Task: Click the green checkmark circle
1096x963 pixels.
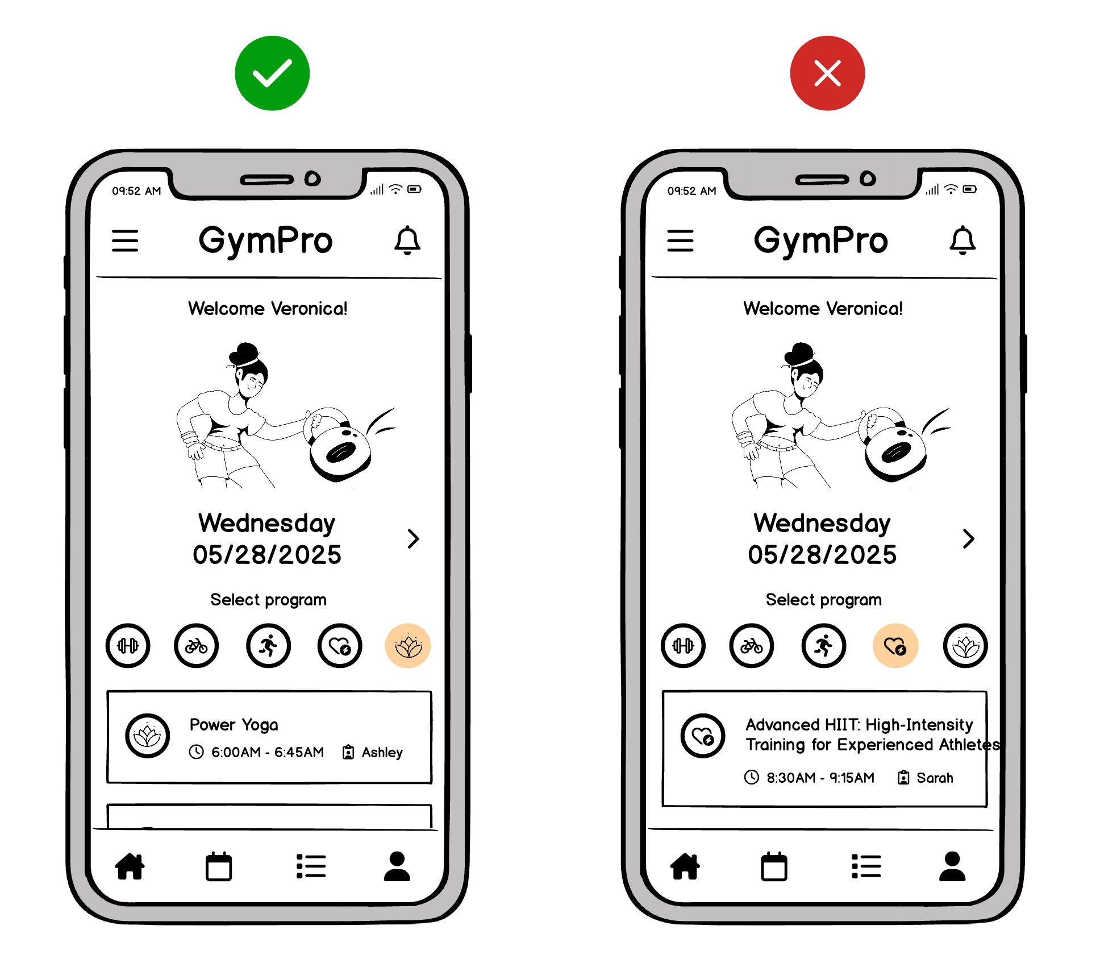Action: (x=272, y=73)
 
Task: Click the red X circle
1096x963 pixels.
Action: (x=827, y=73)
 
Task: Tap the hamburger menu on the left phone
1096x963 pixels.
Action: (x=125, y=240)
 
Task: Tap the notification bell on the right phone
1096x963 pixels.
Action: (x=962, y=240)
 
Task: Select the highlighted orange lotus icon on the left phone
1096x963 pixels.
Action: (x=407, y=646)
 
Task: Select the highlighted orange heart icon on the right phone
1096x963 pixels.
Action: (x=895, y=646)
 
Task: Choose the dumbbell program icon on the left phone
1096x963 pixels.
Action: (x=128, y=646)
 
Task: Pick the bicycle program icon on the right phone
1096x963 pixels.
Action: (x=751, y=646)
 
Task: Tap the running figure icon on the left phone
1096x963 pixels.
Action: (x=268, y=646)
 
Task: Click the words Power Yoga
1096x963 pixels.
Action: (x=234, y=725)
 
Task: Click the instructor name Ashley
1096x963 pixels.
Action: (x=382, y=753)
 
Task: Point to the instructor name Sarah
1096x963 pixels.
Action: (x=935, y=778)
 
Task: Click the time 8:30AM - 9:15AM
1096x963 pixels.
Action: (x=820, y=778)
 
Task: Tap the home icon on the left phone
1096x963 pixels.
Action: (x=130, y=866)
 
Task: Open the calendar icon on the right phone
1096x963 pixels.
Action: (x=774, y=866)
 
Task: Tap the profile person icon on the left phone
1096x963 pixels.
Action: (x=397, y=866)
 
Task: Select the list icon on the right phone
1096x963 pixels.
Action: (x=866, y=866)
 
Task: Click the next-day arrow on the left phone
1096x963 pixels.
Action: (x=413, y=538)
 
